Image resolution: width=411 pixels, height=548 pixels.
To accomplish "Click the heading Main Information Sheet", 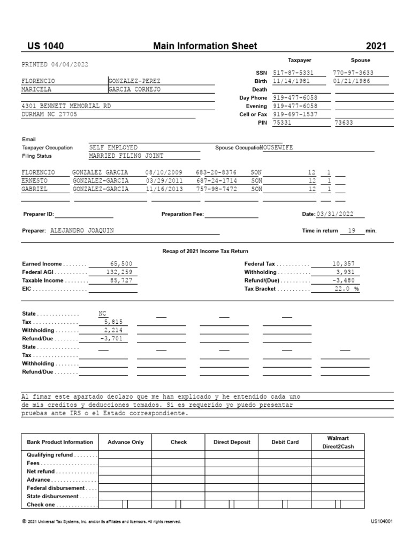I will pyautogui.click(x=205, y=46).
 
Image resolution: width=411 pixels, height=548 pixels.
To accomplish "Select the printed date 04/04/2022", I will pyautogui.click(x=70, y=64).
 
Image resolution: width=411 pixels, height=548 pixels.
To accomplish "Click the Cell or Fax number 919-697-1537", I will pyautogui.click(x=295, y=115).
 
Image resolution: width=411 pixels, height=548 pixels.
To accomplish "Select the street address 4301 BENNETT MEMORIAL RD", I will pyautogui.click(x=66, y=106).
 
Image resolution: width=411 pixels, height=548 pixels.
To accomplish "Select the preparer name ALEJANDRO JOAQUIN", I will pyautogui.click(x=82, y=231).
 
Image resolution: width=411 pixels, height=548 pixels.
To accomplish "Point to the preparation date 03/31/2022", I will pyautogui.click(x=335, y=214).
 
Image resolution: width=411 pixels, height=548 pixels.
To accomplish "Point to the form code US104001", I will pyautogui.click(x=382, y=521).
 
